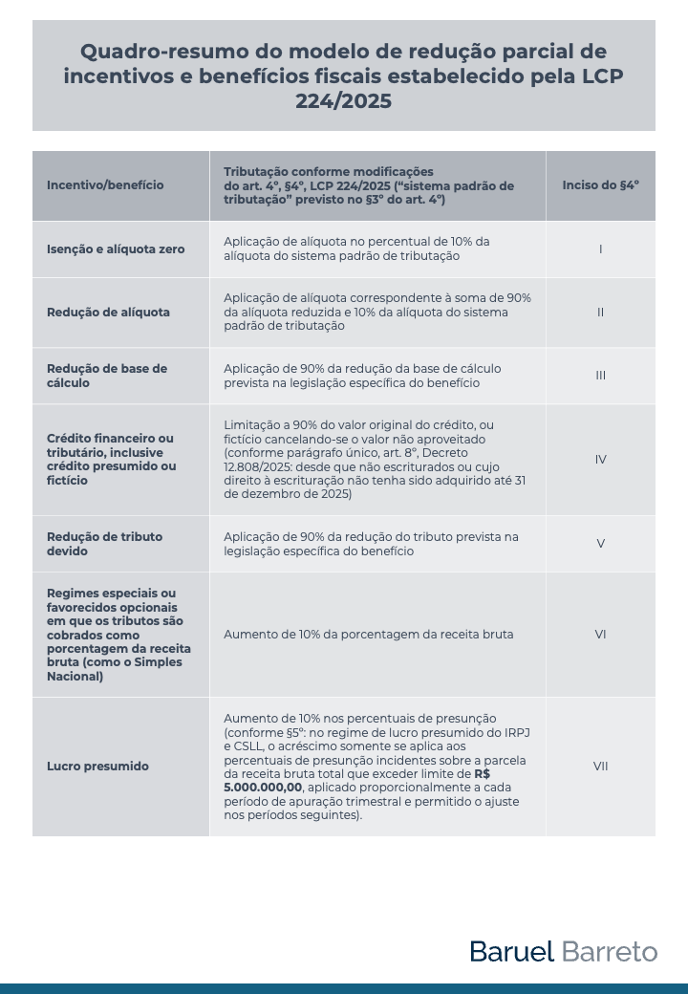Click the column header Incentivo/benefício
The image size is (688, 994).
[x=105, y=185]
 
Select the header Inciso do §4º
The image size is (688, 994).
[x=600, y=185]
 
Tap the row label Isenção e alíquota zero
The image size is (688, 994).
[x=116, y=249]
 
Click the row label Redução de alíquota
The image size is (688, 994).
[x=108, y=313]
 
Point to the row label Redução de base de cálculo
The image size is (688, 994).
[x=106, y=376]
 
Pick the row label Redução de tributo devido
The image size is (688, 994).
[x=104, y=544]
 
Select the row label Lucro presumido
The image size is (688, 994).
[x=97, y=767]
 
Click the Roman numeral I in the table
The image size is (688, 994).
[x=600, y=249]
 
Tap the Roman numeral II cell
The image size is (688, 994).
[x=600, y=313]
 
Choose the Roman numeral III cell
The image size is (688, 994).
[x=600, y=376]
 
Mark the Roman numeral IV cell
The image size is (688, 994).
[x=600, y=460]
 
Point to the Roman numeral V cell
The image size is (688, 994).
[x=600, y=544]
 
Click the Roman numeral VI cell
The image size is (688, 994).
[x=600, y=635]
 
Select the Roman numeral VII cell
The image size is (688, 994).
[x=600, y=767]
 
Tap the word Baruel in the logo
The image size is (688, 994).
[x=511, y=951]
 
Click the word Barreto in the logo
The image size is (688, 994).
[x=610, y=951]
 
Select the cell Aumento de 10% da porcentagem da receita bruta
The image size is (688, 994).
[x=368, y=635]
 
